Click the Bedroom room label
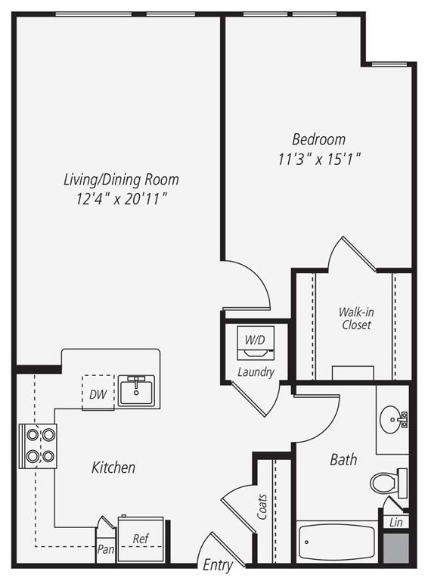point(318,139)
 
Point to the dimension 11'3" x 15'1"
point(318,159)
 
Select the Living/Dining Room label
point(121,179)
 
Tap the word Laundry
point(255,372)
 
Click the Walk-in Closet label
point(355,318)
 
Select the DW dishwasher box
point(97,393)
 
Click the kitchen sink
point(136,390)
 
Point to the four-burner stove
point(39,446)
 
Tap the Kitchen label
point(113,468)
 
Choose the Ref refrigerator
point(141,539)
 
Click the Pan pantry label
point(104,550)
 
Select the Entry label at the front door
point(218,565)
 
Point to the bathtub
point(336,542)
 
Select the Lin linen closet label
point(396,522)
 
